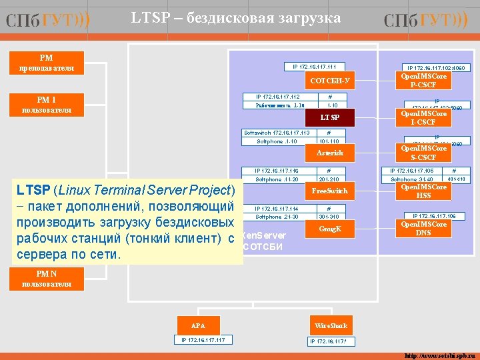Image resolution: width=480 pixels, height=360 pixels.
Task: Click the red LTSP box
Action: [329, 118]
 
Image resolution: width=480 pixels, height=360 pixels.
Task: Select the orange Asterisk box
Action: [329, 153]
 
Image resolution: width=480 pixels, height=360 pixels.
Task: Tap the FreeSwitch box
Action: [329, 191]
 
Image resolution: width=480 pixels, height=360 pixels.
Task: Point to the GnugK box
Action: [329, 229]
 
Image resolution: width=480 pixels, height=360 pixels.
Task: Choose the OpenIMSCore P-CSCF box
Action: [423, 81]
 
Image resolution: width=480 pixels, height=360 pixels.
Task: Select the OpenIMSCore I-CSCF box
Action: [423, 118]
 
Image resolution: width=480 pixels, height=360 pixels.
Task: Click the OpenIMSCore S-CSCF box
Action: [423, 153]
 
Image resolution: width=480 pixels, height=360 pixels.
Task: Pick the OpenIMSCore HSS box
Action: [423, 191]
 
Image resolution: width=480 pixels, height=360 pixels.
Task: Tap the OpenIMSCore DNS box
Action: [423, 229]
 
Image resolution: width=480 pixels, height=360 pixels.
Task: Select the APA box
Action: [198, 325]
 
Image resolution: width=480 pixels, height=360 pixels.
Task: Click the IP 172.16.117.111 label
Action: [314, 66]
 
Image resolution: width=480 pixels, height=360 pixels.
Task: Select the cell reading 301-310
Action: [329, 217]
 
